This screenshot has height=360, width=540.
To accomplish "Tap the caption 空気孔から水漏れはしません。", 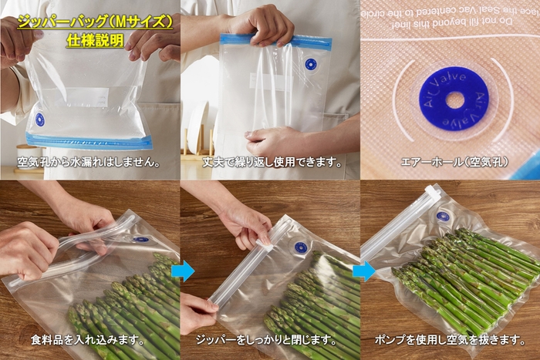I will (x=89, y=163).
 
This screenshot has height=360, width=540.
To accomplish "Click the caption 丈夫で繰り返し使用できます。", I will (x=272, y=163).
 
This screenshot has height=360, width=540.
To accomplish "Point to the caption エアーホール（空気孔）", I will (x=450, y=163).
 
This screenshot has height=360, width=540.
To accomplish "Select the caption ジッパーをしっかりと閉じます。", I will (x=272, y=340).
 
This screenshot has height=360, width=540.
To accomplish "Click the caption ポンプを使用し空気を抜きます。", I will (x=451, y=340).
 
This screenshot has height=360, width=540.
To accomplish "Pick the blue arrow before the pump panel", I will (x=363, y=271).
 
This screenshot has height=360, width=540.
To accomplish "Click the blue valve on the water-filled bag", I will (x=39, y=119).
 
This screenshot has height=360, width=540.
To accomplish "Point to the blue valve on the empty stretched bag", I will (x=310, y=65).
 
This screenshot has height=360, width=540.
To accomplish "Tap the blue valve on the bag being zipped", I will (x=301, y=248).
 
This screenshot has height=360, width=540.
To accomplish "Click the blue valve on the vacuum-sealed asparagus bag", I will (x=443, y=217).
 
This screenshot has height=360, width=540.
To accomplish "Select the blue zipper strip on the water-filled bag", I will (x=89, y=141).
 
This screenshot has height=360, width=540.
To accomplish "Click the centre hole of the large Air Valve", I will (x=454, y=99).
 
